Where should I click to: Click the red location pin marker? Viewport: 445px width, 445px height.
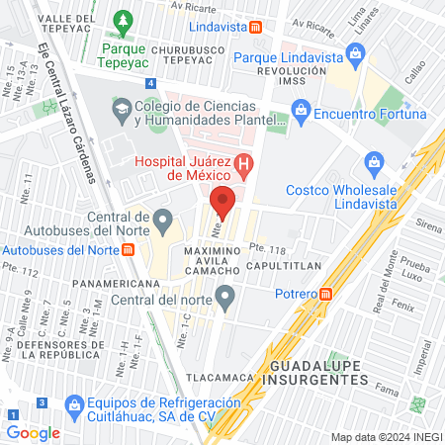(x=222, y=201)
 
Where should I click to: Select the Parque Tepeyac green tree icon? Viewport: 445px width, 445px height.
(x=123, y=20)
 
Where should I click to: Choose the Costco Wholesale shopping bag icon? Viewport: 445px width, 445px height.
(x=374, y=160)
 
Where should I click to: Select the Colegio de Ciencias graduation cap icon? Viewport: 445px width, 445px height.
(x=120, y=106)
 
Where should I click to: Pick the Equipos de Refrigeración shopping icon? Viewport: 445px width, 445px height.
(x=72, y=404)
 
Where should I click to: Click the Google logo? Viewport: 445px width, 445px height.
(x=33, y=432)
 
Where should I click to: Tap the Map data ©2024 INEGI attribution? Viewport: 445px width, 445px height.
(x=385, y=437)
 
